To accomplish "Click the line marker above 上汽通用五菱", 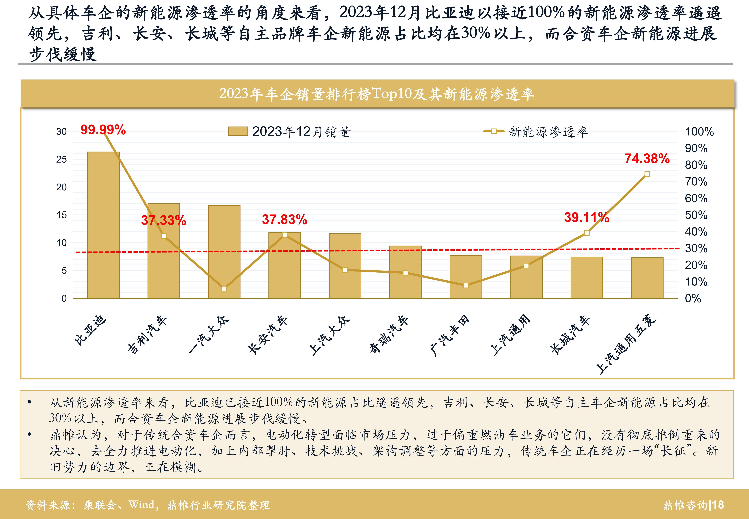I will [x=647, y=174].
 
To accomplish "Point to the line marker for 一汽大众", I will [x=224, y=288].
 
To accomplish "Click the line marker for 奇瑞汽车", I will [x=406, y=273].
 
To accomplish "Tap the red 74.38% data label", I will [x=647, y=159].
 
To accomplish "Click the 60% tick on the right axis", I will [x=696, y=198].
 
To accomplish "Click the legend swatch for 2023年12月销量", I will [x=238, y=131].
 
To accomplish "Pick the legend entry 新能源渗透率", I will [x=548, y=132].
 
